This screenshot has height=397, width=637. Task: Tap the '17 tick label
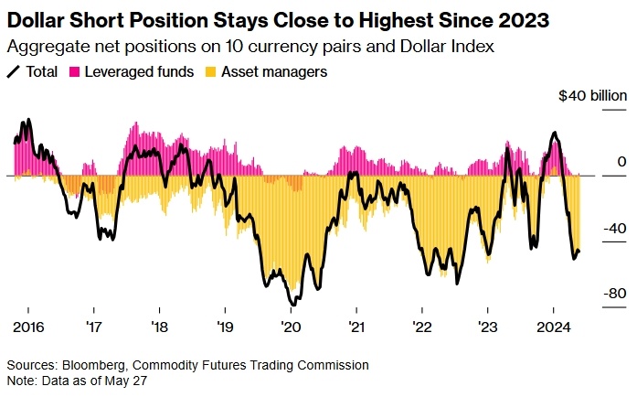tap(93, 327)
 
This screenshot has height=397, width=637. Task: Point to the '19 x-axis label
tap(225, 327)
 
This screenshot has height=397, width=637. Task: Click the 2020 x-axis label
tap(290, 327)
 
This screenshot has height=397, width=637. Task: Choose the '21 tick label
tap(356, 327)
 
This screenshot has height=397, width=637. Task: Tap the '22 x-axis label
tap(421, 327)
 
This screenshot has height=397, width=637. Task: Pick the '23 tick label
tap(488, 327)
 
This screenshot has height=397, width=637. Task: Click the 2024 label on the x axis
tap(553, 327)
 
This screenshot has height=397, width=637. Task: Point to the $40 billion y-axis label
tap(593, 95)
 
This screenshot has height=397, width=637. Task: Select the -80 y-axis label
tap(615, 294)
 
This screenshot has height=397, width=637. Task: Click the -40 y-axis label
tap(615, 228)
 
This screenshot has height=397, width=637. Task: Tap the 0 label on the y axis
tap(621, 162)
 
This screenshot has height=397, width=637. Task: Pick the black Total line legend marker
tap(13, 70)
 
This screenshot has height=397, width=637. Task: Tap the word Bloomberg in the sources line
tap(95, 364)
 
